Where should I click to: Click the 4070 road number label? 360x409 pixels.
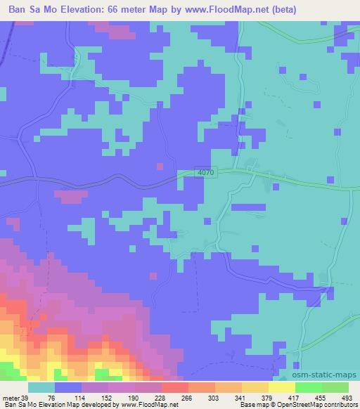click(x=205, y=172)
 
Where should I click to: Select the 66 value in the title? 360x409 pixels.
click(x=122, y=10)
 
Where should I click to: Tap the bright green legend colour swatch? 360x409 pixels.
click(x=308, y=387)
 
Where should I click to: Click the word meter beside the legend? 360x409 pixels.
click(x=11, y=398)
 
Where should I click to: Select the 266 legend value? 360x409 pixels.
click(x=187, y=398)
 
